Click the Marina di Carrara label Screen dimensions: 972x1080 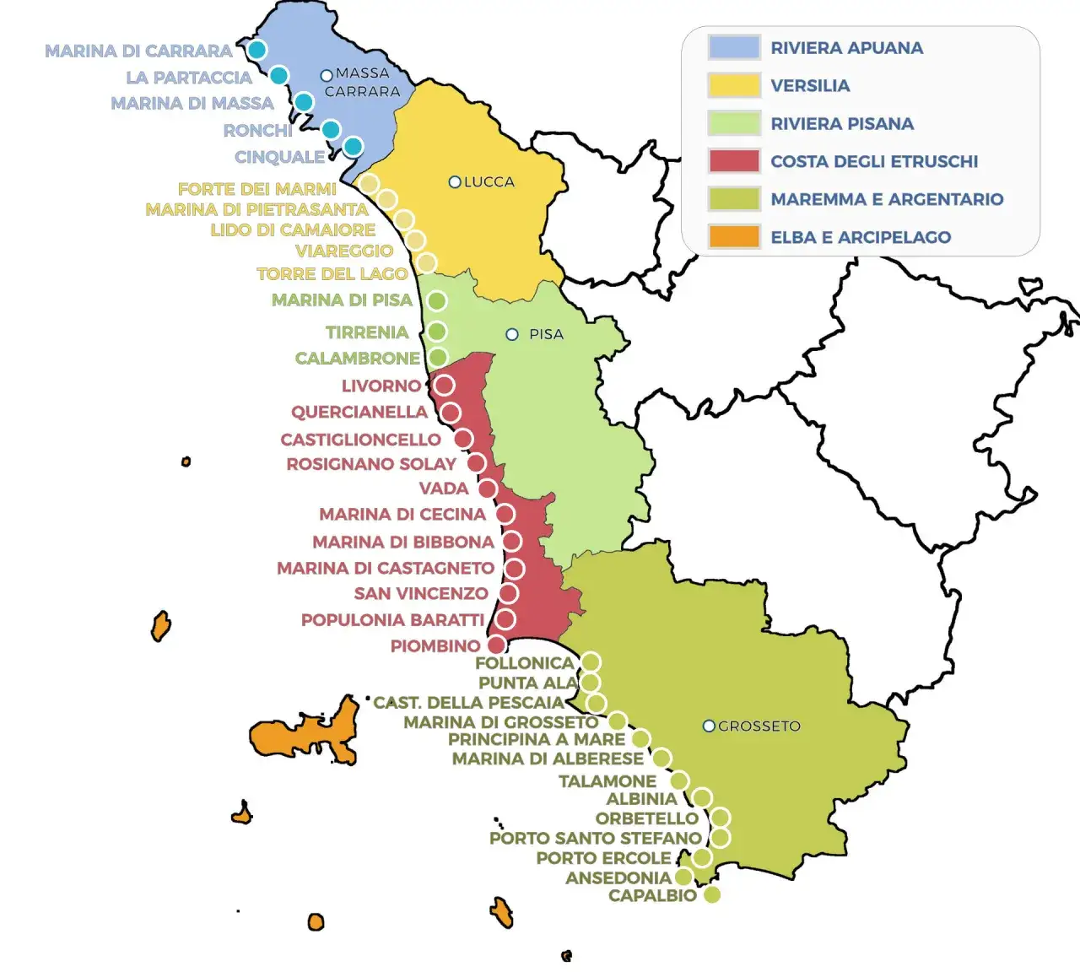[138, 51]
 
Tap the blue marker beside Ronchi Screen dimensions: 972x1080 [331, 129]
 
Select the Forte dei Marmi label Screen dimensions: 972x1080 [256, 189]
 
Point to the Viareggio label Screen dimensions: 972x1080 [343, 251]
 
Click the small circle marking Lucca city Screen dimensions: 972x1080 [455, 182]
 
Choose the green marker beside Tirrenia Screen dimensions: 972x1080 [436, 331]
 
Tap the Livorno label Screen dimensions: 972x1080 [381, 386]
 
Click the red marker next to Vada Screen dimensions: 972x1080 [488, 489]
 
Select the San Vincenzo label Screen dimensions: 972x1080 [421, 593]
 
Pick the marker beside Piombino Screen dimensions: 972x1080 [497, 645]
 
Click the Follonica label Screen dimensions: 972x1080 [524, 663]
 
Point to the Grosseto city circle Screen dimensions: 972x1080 [709, 726]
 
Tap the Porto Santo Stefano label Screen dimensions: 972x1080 [595, 838]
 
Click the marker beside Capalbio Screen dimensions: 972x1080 [712, 894]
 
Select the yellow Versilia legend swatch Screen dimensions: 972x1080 [734, 85]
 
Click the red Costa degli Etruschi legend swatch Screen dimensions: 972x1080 [734, 161]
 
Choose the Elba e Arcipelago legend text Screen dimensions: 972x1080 [861, 237]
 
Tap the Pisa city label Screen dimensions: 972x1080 [546, 334]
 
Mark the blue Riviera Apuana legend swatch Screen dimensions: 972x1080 [734, 47]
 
